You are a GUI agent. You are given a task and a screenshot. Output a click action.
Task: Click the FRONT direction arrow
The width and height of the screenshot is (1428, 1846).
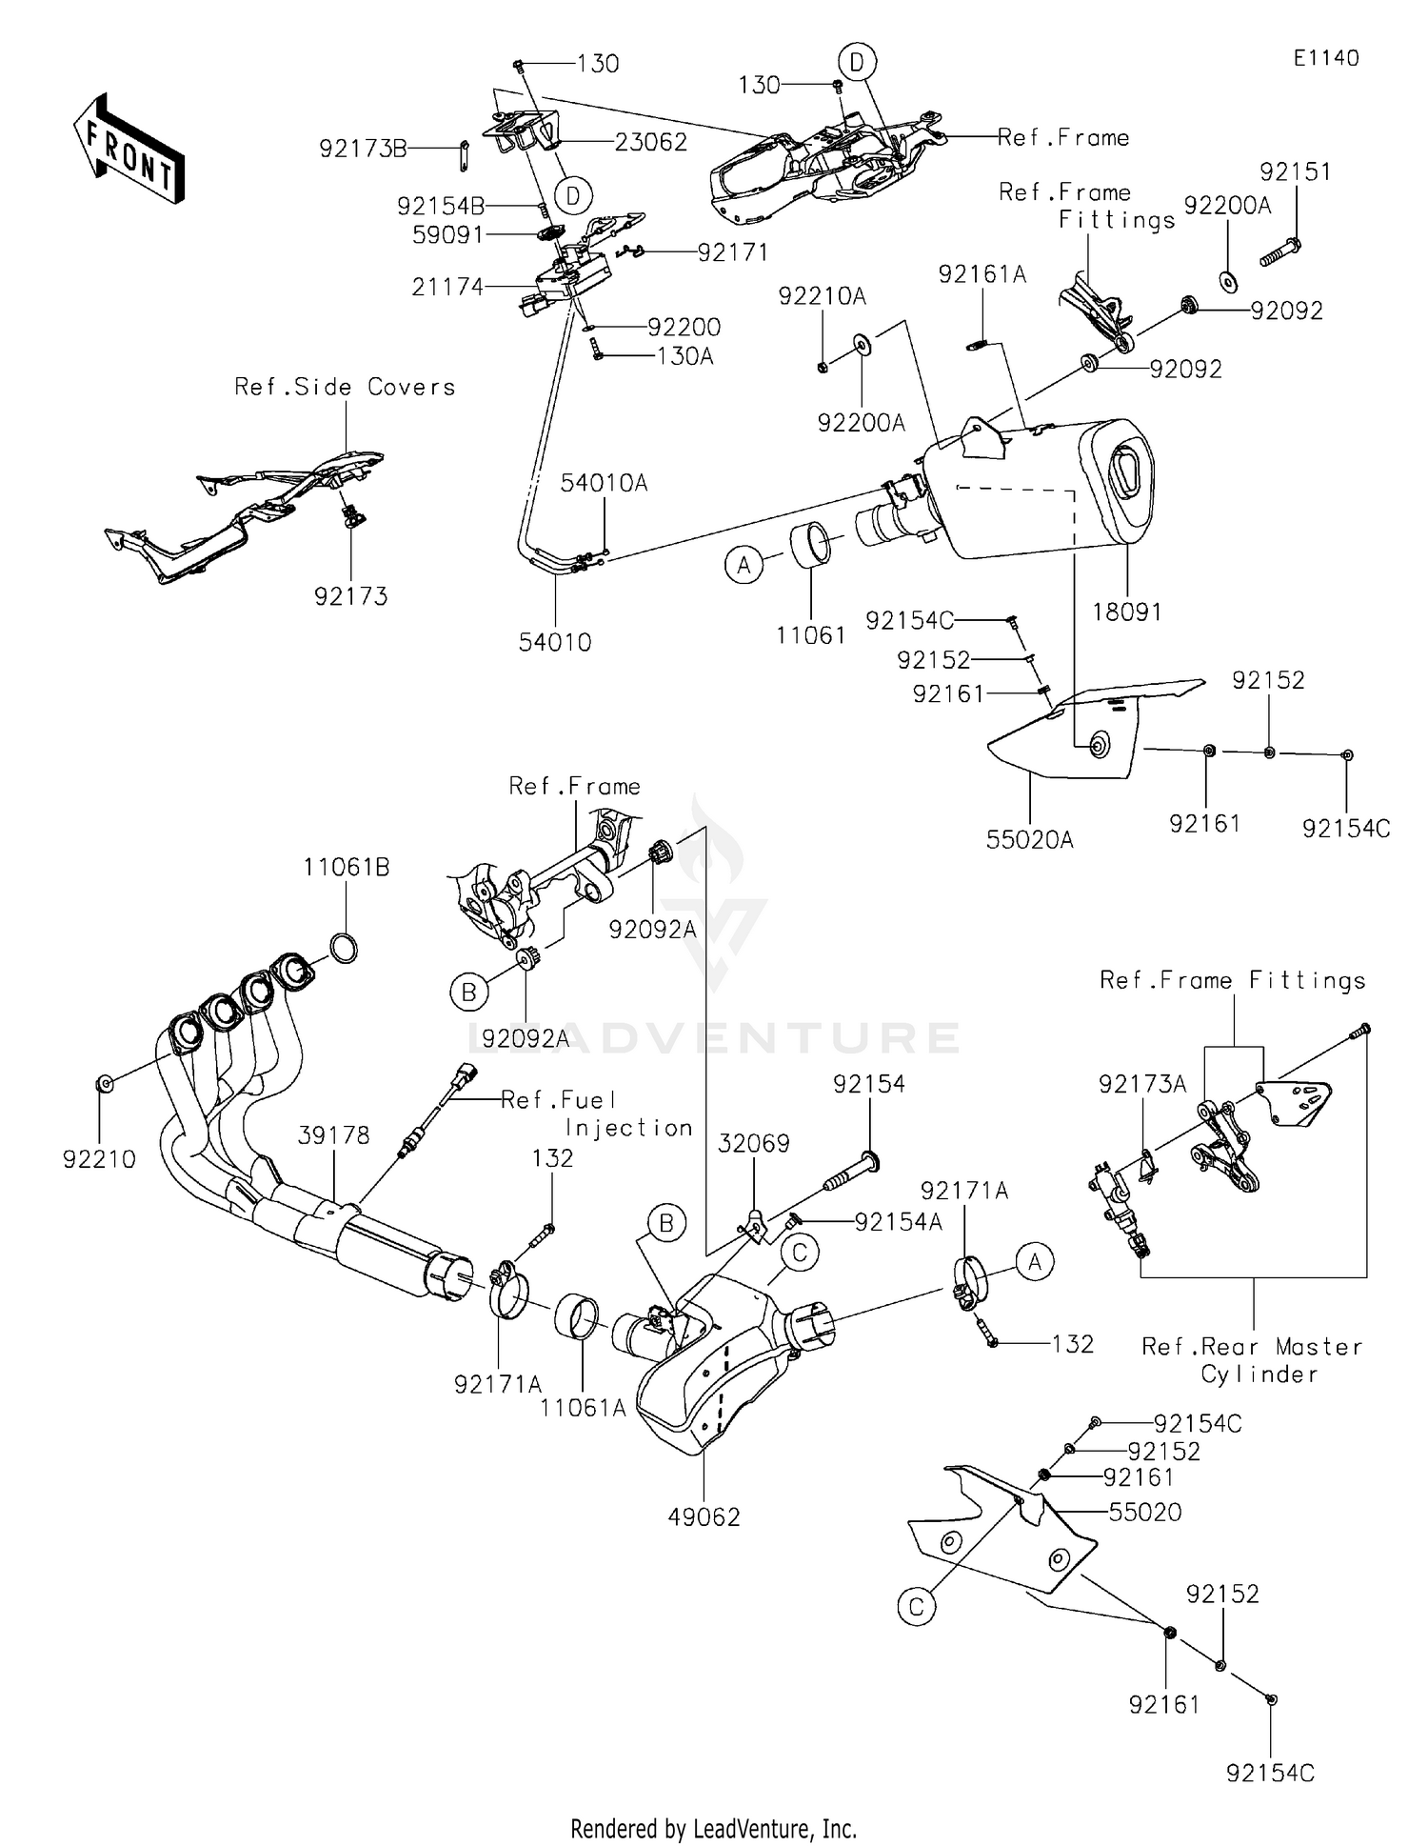pos(129,147)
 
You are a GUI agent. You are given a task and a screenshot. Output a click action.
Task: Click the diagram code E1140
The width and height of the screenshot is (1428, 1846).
pos(1326,58)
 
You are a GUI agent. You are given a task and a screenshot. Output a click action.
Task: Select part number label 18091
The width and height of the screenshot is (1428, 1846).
pos(1127,612)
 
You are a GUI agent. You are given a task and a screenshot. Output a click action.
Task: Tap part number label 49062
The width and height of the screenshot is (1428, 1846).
pos(704,1516)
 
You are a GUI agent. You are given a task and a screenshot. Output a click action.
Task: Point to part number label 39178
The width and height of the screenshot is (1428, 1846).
pos(333,1135)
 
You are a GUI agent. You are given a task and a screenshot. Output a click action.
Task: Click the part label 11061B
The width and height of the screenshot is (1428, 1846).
pos(347,868)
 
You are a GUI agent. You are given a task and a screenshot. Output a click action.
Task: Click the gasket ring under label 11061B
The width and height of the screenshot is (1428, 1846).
pos(344,949)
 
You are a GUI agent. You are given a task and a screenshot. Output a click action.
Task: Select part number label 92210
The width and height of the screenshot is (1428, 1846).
pos(100,1159)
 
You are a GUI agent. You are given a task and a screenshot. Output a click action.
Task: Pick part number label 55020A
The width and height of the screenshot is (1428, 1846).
pos(1030,839)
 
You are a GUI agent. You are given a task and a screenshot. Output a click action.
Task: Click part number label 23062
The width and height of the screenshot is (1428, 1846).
pos(651,142)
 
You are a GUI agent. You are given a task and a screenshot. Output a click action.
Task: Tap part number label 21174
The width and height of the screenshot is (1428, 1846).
pos(447,286)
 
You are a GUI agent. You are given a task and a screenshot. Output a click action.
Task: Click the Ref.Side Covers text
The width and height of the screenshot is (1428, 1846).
pos(345,387)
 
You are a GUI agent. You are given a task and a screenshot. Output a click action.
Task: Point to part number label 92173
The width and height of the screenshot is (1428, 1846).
pos(351,596)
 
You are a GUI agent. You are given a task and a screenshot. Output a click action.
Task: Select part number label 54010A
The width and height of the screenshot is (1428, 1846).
pos(604,483)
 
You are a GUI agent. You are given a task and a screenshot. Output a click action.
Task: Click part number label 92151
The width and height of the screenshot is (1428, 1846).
pos(1296,171)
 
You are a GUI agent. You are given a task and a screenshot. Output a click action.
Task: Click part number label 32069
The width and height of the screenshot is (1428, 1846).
pos(754,1142)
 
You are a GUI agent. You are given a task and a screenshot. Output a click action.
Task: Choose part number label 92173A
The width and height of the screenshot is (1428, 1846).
pos(1142,1085)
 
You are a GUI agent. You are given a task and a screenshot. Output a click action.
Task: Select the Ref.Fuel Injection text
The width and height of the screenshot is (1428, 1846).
pos(596,1114)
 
